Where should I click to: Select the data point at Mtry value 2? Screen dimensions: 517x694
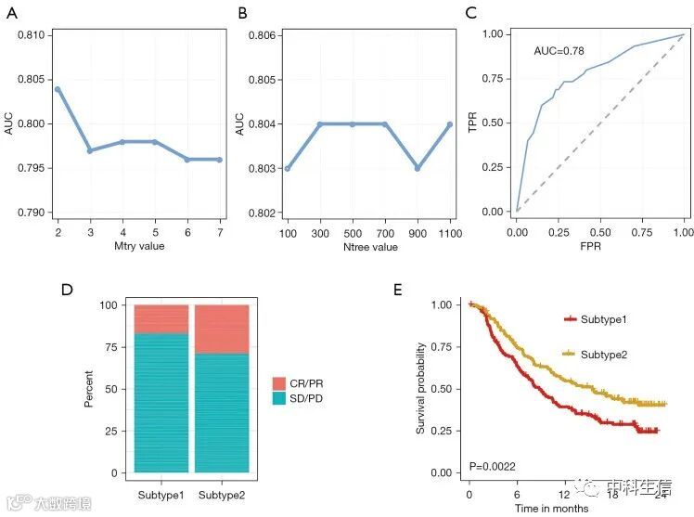58,89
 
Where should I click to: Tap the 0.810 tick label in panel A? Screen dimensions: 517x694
30,35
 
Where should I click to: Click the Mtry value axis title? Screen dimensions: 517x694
140,247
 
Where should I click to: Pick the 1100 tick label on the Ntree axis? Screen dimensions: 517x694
448,232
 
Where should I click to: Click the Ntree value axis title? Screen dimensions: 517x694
367,247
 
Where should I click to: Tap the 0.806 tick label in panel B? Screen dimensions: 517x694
264,35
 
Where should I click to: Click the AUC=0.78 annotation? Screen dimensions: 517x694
559,51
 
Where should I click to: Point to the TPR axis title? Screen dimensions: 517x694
472,122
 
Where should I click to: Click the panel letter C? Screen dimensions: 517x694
472,14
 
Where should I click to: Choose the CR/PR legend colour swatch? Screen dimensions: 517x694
279,383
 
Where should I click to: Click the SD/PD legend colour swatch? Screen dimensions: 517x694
279,398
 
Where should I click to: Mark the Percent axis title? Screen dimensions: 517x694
89,389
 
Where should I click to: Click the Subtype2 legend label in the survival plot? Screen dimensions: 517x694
604,355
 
